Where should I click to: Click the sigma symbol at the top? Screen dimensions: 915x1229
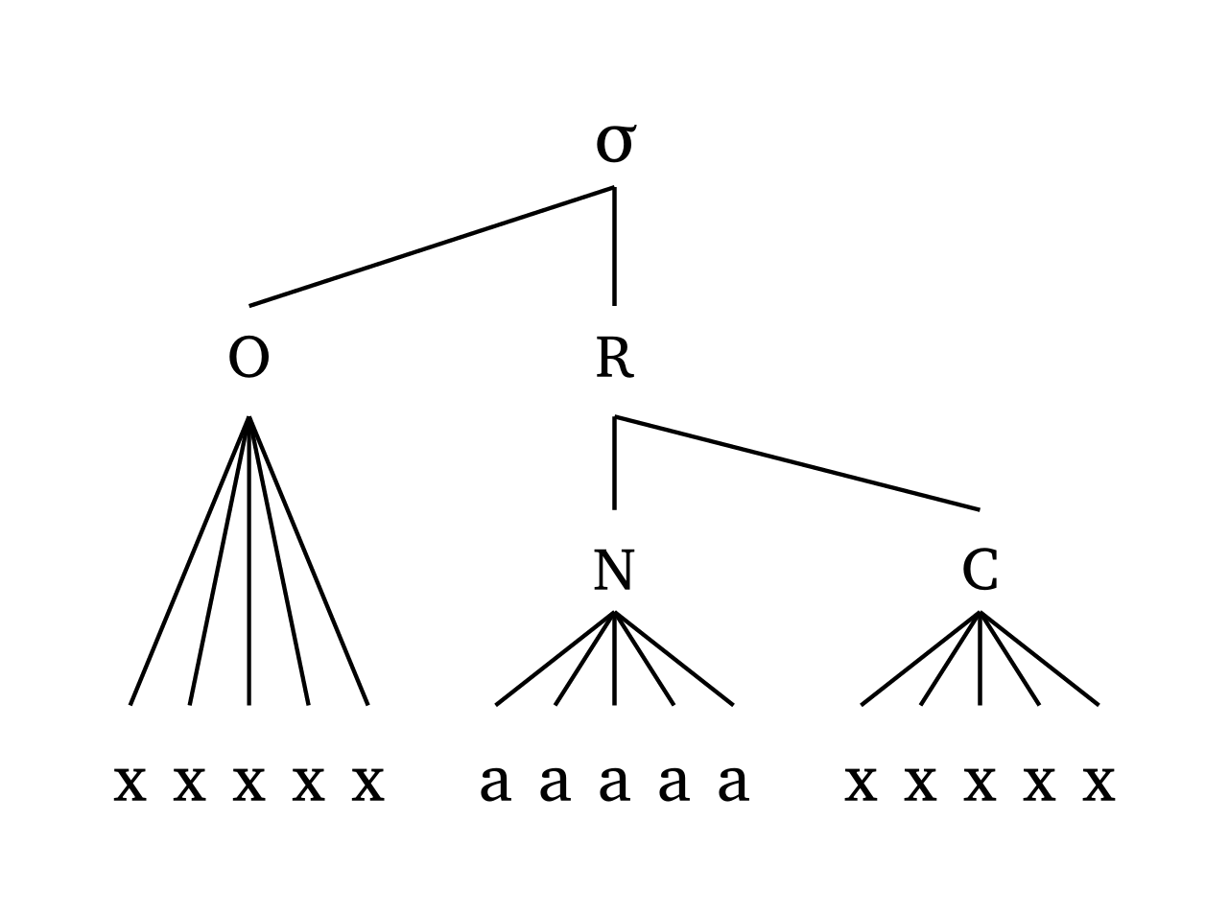pyautogui.click(x=614, y=144)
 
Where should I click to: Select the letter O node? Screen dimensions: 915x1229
pyautogui.click(x=248, y=359)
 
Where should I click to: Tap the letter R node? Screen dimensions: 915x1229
pyautogui.click(x=614, y=359)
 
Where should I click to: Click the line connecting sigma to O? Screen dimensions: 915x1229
pyautogui.click(x=432, y=246)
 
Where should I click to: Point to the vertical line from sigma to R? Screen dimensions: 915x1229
pyautogui.click(x=614, y=246)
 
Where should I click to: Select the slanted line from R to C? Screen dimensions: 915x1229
pyautogui.click(x=796, y=463)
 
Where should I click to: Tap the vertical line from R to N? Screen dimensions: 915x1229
pyautogui.click(x=614, y=463)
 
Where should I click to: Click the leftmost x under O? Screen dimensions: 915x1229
pyautogui.click(x=130, y=784)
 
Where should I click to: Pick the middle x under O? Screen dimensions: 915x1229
pyautogui.click(x=248, y=784)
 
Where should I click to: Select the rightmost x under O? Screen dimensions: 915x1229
pyautogui.click(x=367, y=784)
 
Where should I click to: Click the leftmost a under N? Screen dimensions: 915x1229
pyautogui.click(x=495, y=784)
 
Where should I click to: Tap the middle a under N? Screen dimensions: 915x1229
pyautogui.click(x=614, y=784)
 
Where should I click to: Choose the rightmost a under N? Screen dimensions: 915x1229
pyautogui.click(x=733, y=784)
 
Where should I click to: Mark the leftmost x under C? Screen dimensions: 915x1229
pyautogui.click(x=861, y=784)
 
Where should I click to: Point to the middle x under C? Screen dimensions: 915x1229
pyautogui.click(x=980, y=784)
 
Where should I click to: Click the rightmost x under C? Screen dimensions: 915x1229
pyautogui.click(x=1099, y=784)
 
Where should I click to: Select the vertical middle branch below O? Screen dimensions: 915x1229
pyautogui.click(x=248, y=575)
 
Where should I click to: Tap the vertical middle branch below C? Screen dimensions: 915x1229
pyautogui.click(x=980, y=662)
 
